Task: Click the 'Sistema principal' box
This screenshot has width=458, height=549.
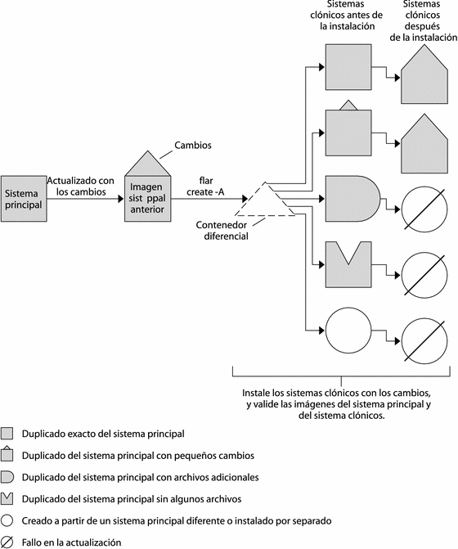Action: point(24,199)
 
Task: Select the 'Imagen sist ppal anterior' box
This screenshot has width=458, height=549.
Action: point(148,199)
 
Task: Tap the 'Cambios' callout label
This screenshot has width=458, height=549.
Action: point(193,146)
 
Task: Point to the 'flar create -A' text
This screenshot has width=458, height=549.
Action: point(206,187)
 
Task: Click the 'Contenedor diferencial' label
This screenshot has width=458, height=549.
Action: point(222,231)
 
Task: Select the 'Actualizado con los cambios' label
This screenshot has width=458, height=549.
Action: point(81,187)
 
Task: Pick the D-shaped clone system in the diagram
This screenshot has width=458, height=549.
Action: point(352,199)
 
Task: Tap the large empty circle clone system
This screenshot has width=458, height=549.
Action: point(348,331)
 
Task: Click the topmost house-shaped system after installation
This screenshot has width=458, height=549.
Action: point(424,75)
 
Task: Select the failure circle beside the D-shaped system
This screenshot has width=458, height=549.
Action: point(424,209)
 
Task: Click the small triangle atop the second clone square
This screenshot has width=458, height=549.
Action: point(348,106)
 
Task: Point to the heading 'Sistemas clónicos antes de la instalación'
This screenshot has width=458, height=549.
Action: point(347,15)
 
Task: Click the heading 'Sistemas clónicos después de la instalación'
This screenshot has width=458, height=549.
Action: point(424,21)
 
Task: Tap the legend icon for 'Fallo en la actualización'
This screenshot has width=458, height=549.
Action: point(7,542)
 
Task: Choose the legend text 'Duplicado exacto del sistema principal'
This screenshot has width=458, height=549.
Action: point(103,434)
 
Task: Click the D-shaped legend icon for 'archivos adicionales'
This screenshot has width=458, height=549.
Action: point(7,477)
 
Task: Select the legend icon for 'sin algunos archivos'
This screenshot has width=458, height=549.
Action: point(7,499)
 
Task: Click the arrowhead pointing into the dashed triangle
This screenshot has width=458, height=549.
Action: point(245,199)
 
